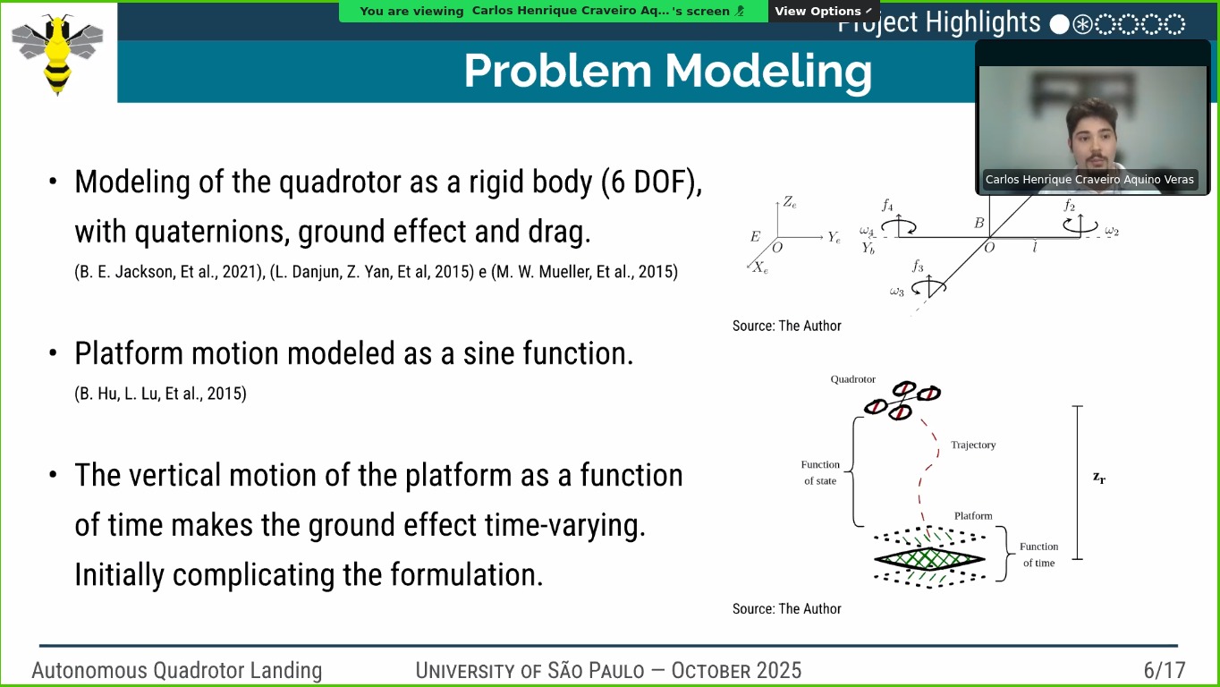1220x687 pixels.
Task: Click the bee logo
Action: (x=57, y=54)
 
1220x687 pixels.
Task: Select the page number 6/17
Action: (x=1165, y=670)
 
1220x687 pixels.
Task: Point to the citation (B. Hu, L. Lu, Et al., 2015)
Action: (x=160, y=394)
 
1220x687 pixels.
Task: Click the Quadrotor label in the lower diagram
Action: (x=853, y=379)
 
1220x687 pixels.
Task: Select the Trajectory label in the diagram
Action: (x=973, y=445)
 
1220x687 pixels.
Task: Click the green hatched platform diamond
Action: (x=929, y=559)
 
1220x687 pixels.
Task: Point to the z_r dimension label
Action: (x=1099, y=478)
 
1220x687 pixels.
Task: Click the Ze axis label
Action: (x=790, y=203)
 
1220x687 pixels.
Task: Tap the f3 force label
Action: (x=919, y=266)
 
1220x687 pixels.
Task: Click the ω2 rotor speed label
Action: (x=1112, y=231)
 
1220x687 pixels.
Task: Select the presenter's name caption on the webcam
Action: (x=1089, y=179)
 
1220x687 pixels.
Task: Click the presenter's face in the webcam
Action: (x=1092, y=140)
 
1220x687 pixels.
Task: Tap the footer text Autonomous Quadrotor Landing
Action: (x=177, y=671)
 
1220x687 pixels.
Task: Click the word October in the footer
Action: (x=714, y=671)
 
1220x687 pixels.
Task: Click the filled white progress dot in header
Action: (x=1059, y=24)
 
